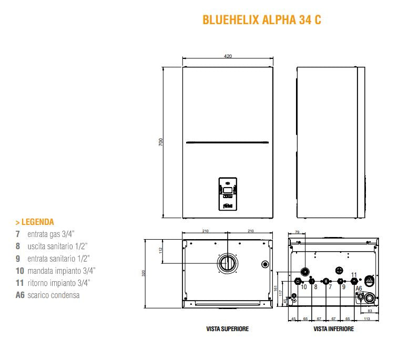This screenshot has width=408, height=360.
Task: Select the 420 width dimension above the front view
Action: [228, 56]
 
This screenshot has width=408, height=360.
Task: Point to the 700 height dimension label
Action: [161, 142]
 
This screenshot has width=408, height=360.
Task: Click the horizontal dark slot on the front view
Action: [228, 140]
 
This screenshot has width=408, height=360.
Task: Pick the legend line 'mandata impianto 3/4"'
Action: [55, 271]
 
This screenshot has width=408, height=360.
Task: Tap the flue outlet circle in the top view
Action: [228, 262]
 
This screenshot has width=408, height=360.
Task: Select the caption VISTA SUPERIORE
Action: [227, 329]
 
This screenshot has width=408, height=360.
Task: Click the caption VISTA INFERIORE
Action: [333, 329]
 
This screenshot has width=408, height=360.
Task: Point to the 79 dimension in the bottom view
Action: [297, 232]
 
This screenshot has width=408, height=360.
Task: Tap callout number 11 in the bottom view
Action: [353, 275]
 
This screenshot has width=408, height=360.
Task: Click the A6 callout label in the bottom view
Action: [359, 289]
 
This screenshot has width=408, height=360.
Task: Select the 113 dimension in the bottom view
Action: [366, 318]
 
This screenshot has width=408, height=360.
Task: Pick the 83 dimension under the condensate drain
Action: [370, 311]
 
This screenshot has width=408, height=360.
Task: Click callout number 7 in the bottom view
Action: [330, 287]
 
